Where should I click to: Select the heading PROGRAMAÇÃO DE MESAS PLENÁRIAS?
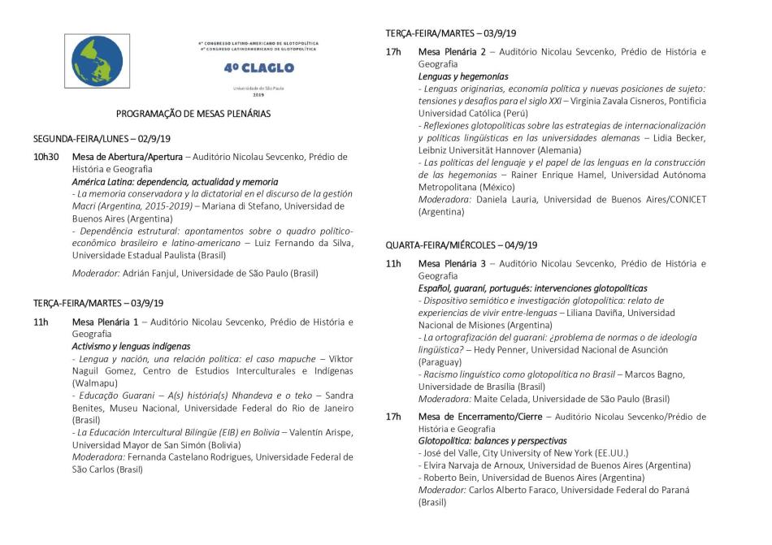pyautogui.click(x=193, y=114)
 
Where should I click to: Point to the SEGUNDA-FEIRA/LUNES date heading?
pyautogui.click(x=102, y=139)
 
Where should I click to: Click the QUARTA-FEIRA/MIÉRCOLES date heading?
pyautogui.click(x=462, y=245)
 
